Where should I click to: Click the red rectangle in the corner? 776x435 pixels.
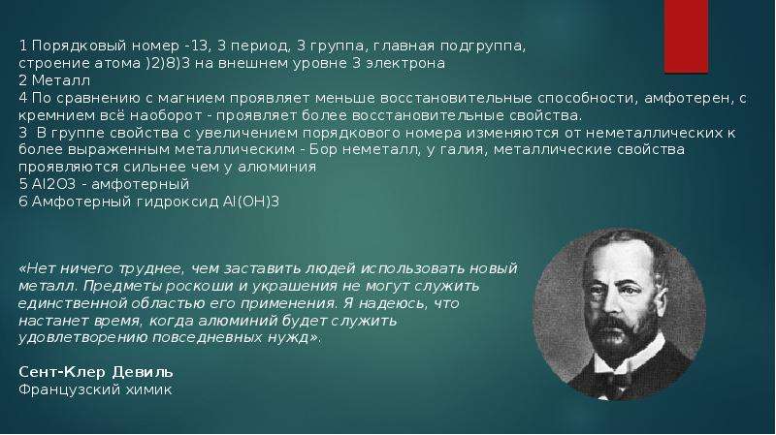click(x=686, y=36)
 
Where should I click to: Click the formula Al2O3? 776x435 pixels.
click(x=54, y=184)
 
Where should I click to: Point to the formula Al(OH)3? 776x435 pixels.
click(x=248, y=202)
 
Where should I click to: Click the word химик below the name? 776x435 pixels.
click(x=148, y=389)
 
